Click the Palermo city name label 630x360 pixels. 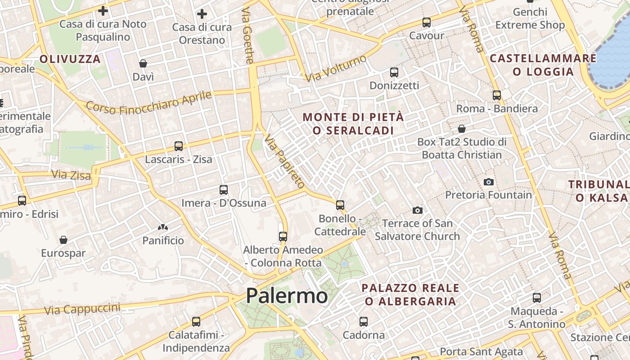tap(287, 296)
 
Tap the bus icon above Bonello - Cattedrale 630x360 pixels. tap(340, 205)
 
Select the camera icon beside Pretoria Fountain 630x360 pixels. tap(489, 182)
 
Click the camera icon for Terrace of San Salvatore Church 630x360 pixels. tap(418, 210)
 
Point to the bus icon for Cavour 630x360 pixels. tap(426, 22)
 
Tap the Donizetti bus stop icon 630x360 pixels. tap(394, 72)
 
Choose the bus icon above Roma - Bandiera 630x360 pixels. tap(497, 95)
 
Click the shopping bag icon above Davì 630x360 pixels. tap(143, 63)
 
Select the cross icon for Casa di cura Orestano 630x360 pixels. tap(202, 14)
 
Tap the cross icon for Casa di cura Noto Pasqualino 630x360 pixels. tap(103, 10)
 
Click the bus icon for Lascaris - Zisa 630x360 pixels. tap(179, 146)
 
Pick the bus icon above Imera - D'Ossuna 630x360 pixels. tap(224, 190)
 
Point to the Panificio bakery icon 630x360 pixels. tap(163, 228)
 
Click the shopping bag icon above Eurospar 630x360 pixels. tap(63, 240)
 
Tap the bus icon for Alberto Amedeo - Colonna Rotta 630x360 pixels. tap(283, 237)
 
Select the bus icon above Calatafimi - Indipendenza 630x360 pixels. tap(196, 322)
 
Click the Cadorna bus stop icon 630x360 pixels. tap(364, 322)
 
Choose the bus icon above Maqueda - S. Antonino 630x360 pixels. tap(537, 298)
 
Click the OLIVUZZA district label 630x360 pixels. tap(70, 59)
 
